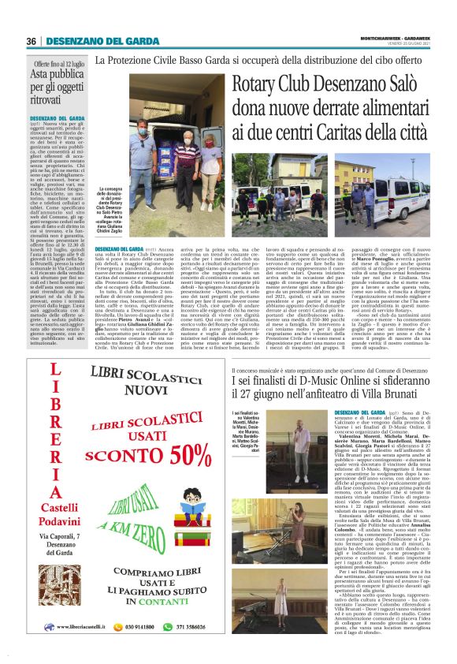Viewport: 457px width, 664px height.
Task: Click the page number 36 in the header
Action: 32,41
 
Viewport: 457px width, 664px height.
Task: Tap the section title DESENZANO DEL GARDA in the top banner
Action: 98,41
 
